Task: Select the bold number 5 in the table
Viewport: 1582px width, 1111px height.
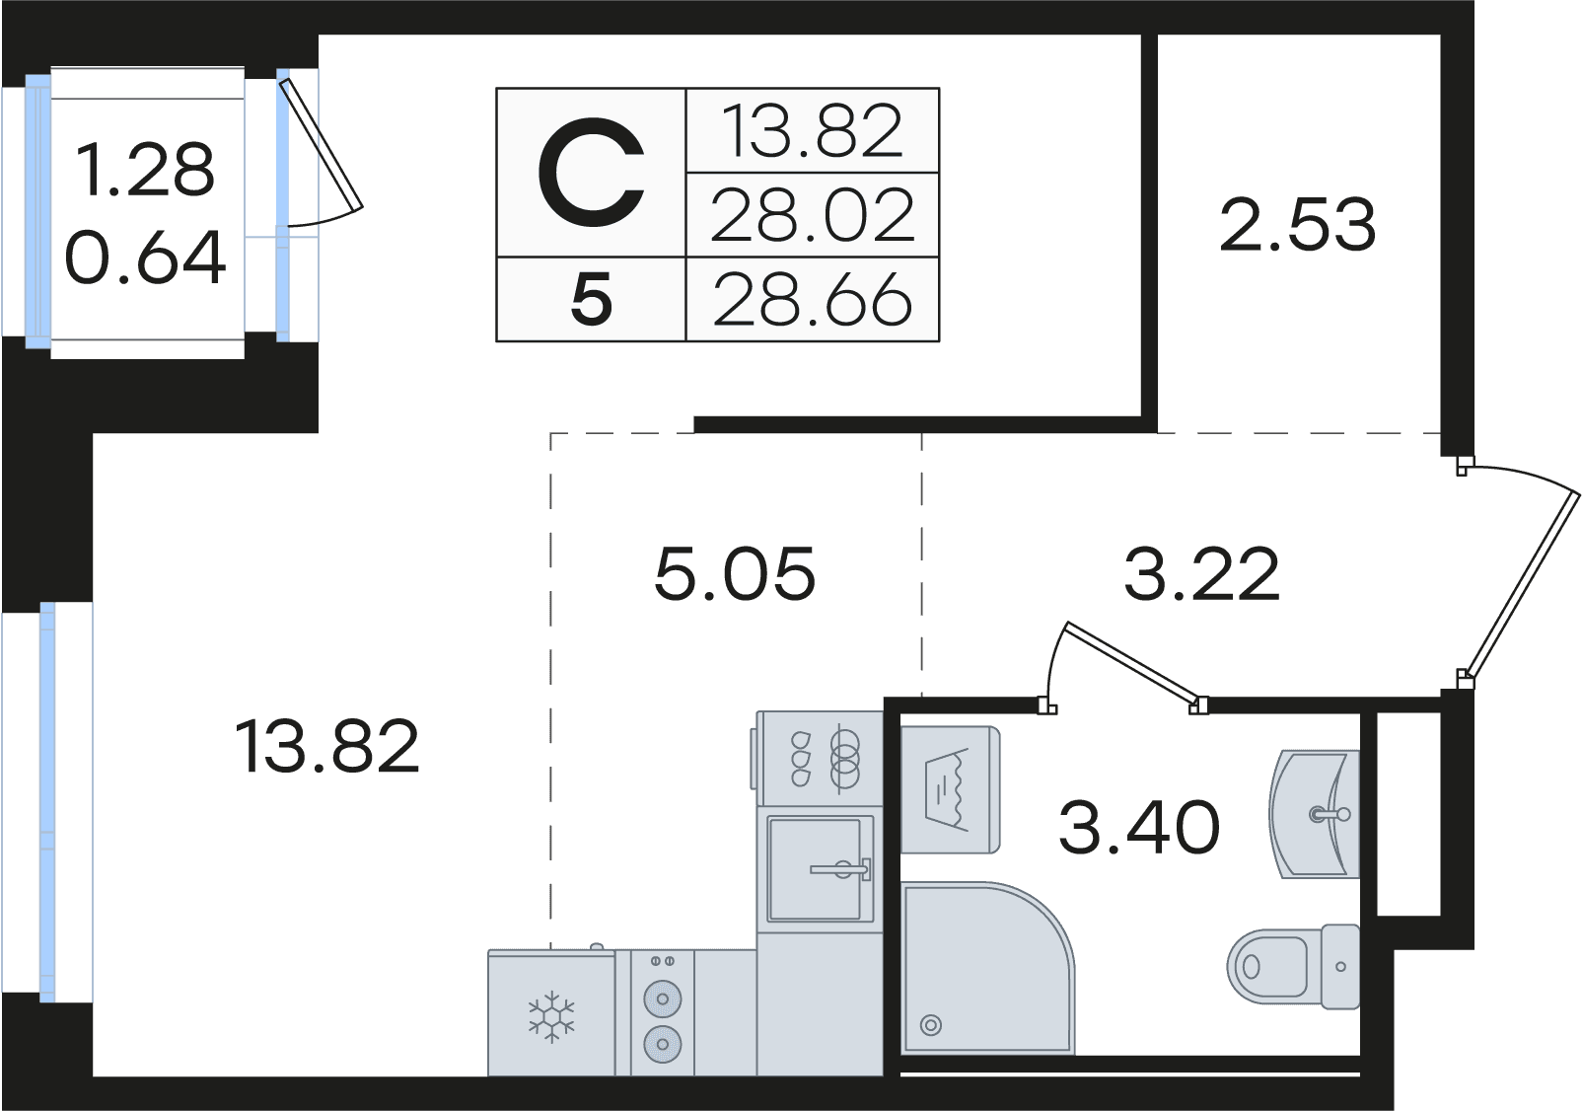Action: point(591,300)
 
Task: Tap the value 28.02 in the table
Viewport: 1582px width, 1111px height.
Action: point(813,215)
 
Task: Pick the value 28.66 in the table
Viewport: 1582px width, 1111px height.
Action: point(813,300)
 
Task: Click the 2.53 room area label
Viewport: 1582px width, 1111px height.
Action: point(1298,225)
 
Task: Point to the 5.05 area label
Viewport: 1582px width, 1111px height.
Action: point(735,572)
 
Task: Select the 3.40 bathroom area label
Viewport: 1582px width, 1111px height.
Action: point(1139,826)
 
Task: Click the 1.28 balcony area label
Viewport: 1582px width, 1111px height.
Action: point(146,170)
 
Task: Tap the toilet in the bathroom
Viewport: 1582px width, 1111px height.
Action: point(1293,966)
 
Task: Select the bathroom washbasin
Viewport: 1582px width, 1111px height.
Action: point(1315,815)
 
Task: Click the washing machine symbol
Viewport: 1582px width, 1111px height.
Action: point(950,789)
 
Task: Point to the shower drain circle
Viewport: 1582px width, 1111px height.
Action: point(931,1025)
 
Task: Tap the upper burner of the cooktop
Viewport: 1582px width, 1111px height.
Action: point(663,999)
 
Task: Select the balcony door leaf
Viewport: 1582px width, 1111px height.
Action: point(322,145)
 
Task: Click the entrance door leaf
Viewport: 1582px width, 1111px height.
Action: point(1521,584)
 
